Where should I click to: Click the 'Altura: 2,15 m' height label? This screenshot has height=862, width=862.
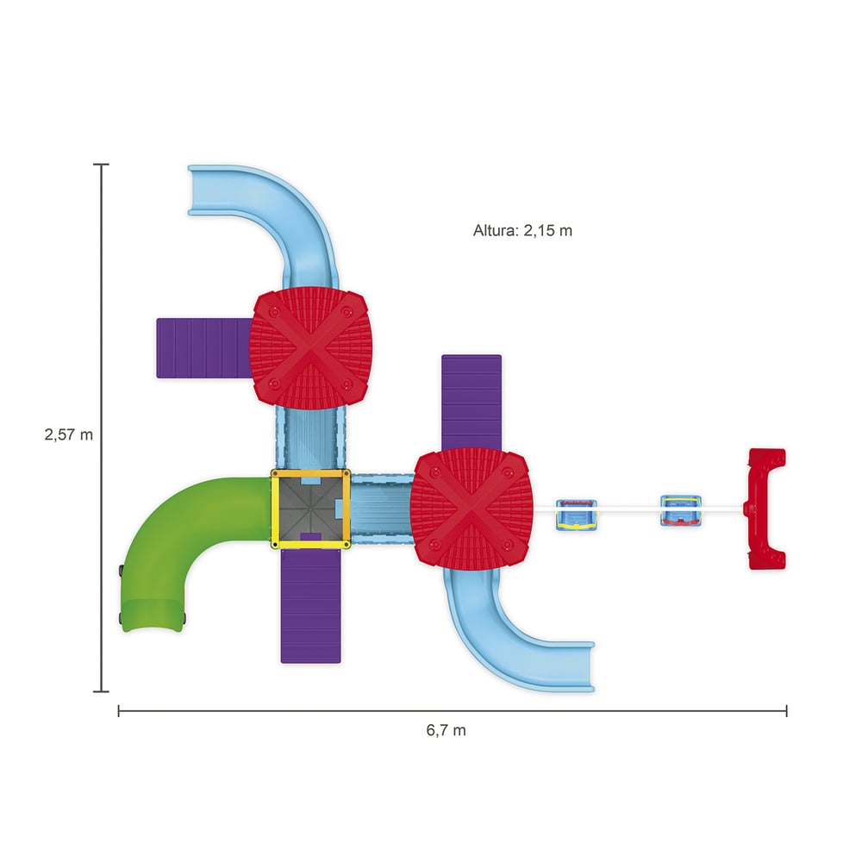pyautogui.click(x=522, y=230)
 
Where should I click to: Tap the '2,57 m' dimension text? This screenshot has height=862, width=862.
pyautogui.click(x=69, y=434)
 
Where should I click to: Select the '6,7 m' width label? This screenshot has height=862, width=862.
pyautogui.click(x=446, y=730)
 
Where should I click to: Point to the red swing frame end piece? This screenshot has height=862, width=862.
pyautogui.click(x=765, y=509)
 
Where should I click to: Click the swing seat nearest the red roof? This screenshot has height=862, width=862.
pyautogui.click(x=576, y=515)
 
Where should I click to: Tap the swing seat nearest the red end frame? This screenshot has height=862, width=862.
pyautogui.click(x=681, y=510)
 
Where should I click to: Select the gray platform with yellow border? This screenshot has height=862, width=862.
pyautogui.click(x=310, y=509)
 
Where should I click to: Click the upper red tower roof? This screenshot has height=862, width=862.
pyautogui.click(x=310, y=348)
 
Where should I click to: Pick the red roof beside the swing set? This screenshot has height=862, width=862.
pyautogui.click(x=472, y=509)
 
